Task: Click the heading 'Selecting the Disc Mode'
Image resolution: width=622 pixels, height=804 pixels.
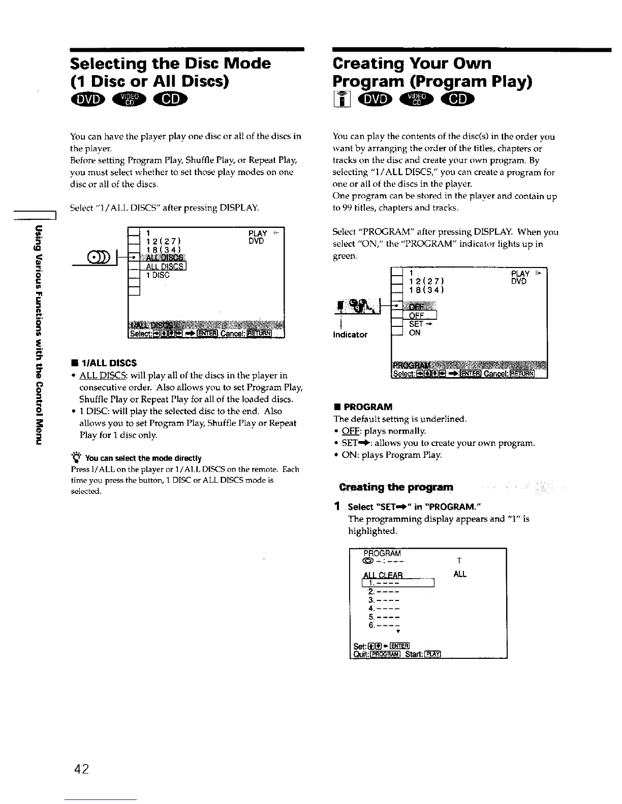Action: pos(171,63)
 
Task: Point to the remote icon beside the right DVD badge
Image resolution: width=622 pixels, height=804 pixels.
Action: pos(339,100)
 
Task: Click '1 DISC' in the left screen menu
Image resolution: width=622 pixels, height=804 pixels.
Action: pos(158,276)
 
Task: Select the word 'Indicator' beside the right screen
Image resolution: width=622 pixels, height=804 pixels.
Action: pos(350,335)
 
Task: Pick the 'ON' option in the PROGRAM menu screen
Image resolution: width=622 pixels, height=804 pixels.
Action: pos(415,333)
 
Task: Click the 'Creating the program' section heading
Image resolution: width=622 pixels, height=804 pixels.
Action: pos(396,487)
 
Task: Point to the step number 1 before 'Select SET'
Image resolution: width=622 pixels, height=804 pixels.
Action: pos(337,507)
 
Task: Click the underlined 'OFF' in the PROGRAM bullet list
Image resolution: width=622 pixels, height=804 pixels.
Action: pos(348,431)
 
